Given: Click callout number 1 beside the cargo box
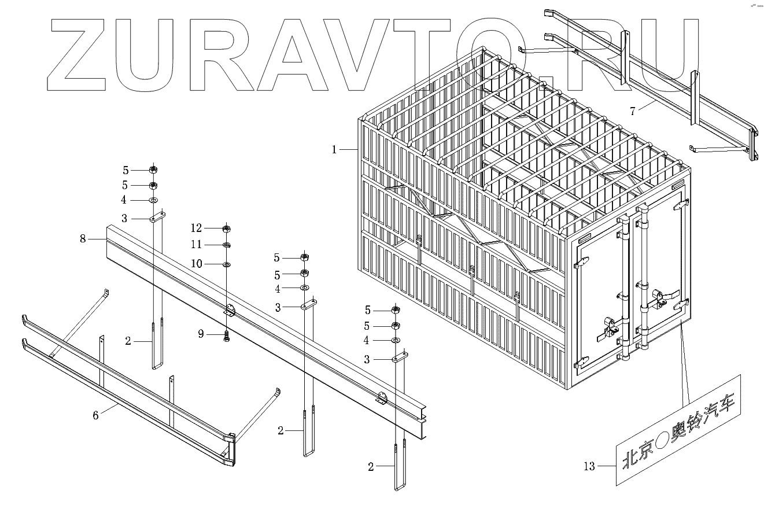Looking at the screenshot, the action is tap(334, 150).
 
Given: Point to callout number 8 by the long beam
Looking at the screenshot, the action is tap(83, 238).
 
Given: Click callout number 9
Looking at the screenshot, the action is tap(201, 334).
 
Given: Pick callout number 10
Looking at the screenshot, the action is tap(198, 264).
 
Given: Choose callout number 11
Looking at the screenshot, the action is tap(198, 245).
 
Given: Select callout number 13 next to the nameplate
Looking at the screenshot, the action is tap(589, 466).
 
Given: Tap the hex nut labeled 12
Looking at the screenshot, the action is tap(227, 227).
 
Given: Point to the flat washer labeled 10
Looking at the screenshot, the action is tap(227, 264).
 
